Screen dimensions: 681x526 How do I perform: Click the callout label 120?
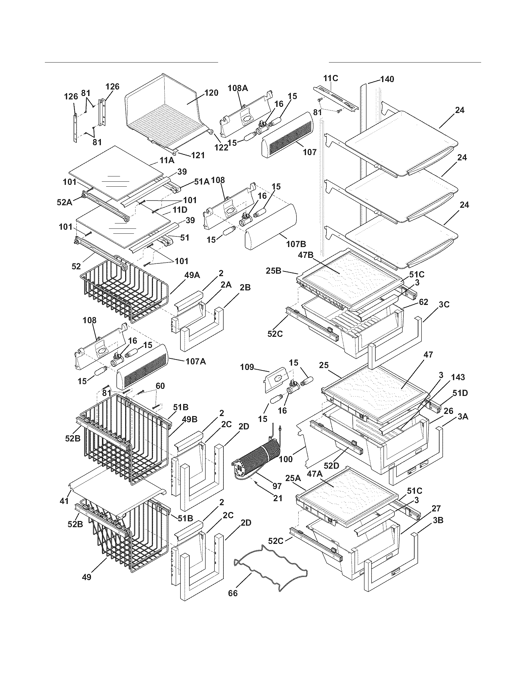(211, 93)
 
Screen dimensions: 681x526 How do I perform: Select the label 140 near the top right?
(387, 79)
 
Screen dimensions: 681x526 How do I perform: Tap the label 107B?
(296, 244)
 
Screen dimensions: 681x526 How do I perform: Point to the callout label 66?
(233, 601)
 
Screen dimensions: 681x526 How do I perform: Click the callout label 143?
(457, 377)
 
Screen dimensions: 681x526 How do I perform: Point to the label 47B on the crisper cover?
(306, 255)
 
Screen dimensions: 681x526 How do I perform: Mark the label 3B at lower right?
(438, 520)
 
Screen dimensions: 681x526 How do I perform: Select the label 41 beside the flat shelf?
(64, 501)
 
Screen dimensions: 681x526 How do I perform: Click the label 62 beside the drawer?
(424, 302)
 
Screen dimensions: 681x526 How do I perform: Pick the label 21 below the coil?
(277, 498)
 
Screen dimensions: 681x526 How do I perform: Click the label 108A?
(238, 88)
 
